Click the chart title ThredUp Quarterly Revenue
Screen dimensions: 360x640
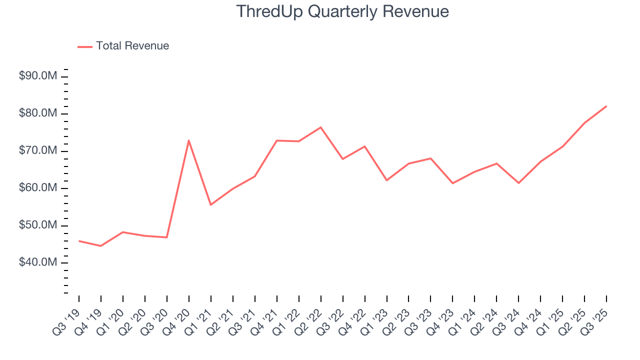pyautogui.click(x=342, y=11)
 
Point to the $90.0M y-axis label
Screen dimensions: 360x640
pyautogui.click(x=38, y=76)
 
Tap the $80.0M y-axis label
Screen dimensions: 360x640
pyautogui.click(x=38, y=114)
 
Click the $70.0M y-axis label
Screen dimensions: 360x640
pyautogui.click(x=38, y=151)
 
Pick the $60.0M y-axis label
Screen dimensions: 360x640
pyautogui.click(x=38, y=188)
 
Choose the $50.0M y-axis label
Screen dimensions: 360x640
pyautogui.click(x=38, y=225)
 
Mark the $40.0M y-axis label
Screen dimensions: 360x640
pyautogui.click(x=38, y=263)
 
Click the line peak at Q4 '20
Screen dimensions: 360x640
pyautogui.click(x=189, y=140)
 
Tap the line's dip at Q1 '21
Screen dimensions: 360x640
pyautogui.click(x=211, y=204)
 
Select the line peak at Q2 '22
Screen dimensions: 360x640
pyautogui.click(x=320, y=127)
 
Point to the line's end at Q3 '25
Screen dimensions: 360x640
pyautogui.click(x=606, y=106)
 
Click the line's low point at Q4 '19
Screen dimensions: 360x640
pyautogui.click(x=101, y=246)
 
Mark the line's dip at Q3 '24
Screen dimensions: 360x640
pyautogui.click(x=518, y=183)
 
